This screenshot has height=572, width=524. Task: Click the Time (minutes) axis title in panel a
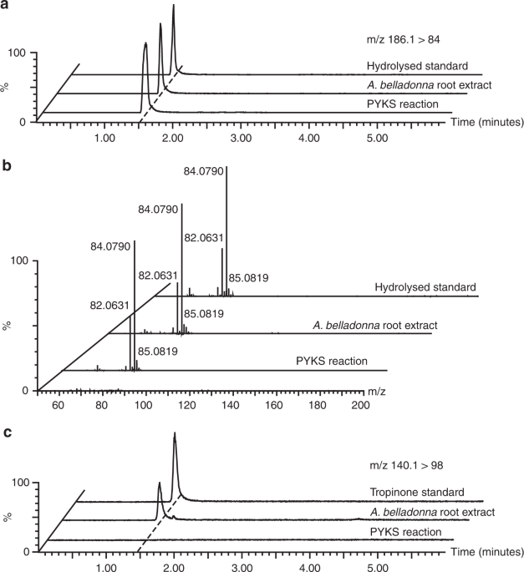pos(486,122)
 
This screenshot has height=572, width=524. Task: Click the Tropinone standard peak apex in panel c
pos(174,433)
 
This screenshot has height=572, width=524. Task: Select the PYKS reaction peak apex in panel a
pos(145,43)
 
